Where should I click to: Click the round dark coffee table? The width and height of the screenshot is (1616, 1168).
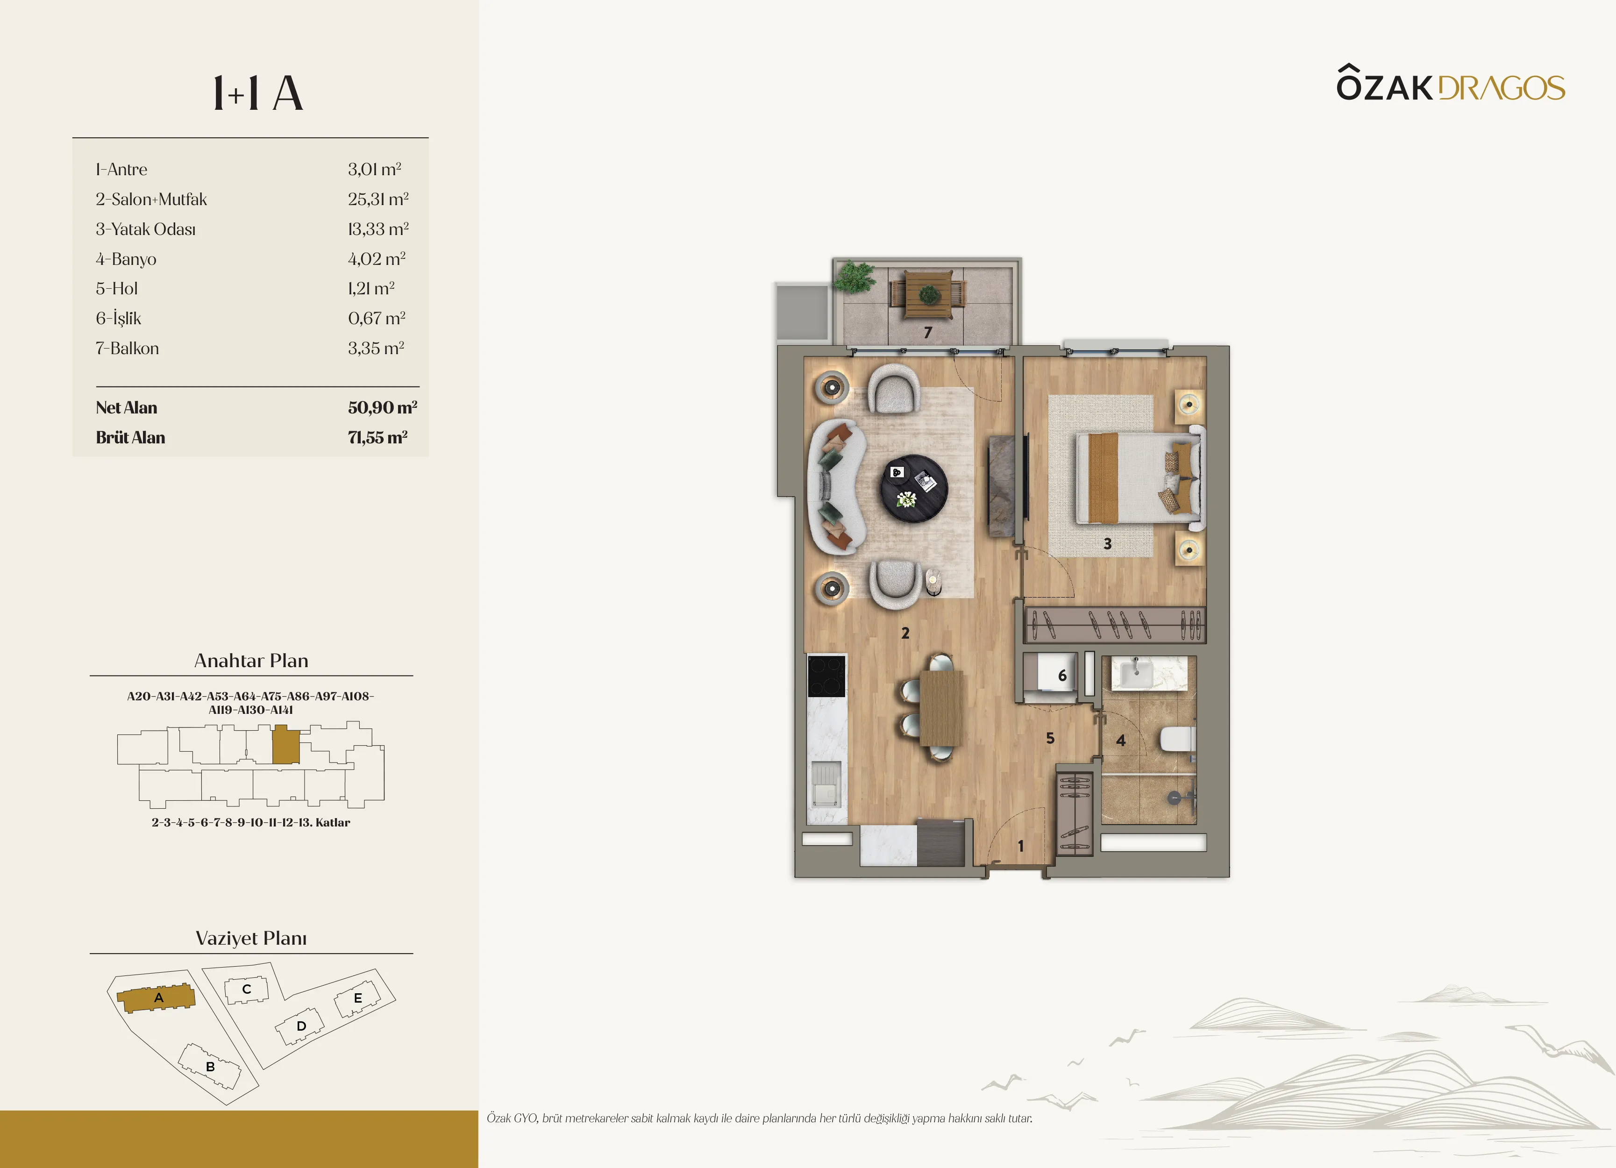[914, 489]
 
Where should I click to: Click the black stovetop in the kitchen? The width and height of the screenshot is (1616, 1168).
[826, 676]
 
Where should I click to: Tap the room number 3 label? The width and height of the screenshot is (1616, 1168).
[1107, 544]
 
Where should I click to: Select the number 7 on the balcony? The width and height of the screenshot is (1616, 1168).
[928, 332]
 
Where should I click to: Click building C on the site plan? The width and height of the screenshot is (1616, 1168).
[247, 989]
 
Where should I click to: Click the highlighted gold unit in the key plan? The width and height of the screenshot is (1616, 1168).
[286, 745]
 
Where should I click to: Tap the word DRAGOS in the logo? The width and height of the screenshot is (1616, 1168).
[1502, 88]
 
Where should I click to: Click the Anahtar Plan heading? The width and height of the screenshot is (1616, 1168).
[251, 661]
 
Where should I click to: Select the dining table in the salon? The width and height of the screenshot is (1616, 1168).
[941, 708]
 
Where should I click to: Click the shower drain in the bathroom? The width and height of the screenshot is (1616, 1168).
[1174, 798]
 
